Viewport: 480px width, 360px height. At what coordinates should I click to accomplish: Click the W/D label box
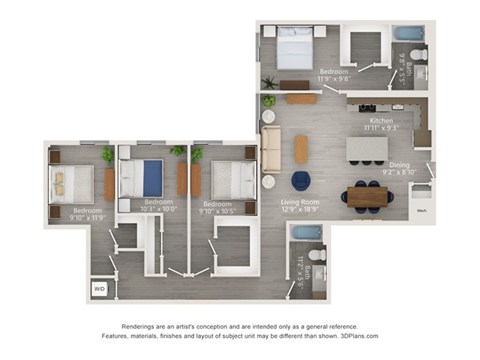pyautogui.click(x=99, y=289)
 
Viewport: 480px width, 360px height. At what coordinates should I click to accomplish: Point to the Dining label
pyautogui.click(x=399, y=166)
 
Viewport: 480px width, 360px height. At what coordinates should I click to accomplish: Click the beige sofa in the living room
pyautogui.click(x=271, y=148)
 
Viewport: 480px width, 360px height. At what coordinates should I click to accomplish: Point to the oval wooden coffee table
pyautogui.click(x=301, y=148)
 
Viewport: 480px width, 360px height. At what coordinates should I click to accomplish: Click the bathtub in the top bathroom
pyautogui.click(x=408, y=33)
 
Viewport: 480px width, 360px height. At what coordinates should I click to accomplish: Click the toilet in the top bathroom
pyautogui.click(x=419, y=54)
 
